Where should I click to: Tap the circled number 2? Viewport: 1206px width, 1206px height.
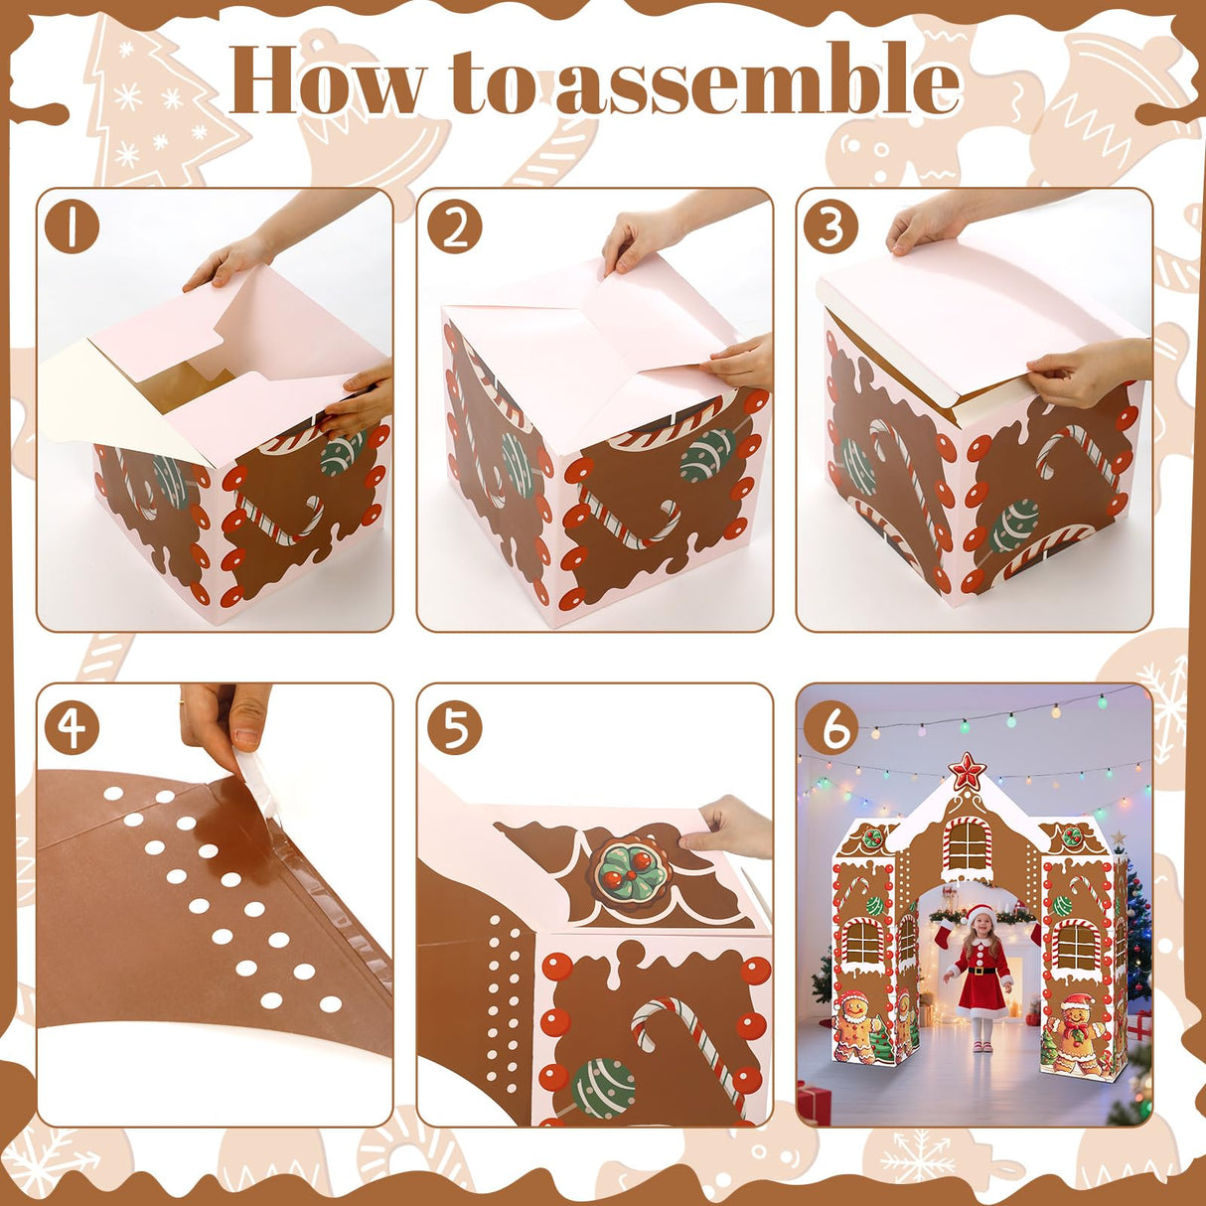[x=454, y=226]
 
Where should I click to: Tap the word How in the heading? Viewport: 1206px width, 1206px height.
[x=328, y=81]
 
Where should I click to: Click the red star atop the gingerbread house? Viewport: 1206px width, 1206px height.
[x=966, y=771]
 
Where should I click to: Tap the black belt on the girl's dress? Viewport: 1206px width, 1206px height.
[x=979, y=975]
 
